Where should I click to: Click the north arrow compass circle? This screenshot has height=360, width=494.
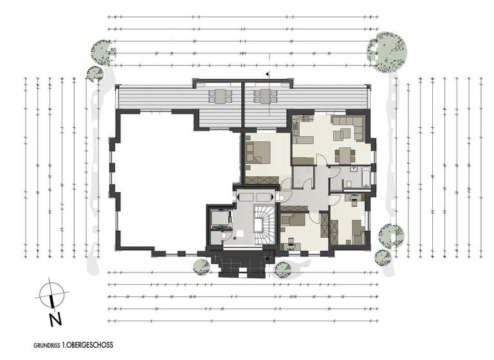coord(50,294)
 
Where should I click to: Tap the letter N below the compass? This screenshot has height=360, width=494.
coord(56,317)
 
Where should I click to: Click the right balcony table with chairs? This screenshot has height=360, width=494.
coord(264,96)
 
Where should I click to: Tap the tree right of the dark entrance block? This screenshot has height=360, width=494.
coord(282,269)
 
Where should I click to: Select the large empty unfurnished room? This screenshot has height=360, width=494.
coord(174,180)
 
